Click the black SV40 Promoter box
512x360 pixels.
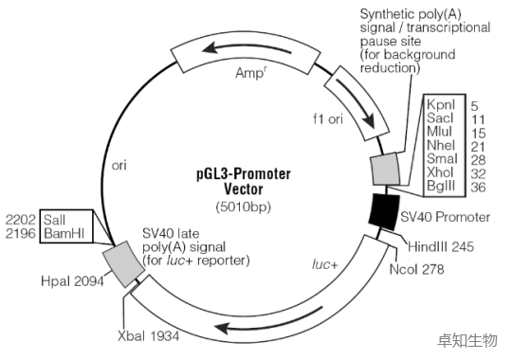click(x=384, y=212)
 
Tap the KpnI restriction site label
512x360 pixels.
click(x=441, y=105)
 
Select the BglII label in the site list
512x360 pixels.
click(x=441, y=186)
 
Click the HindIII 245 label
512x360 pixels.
click(x=441, y=246)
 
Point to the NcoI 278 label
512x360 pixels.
click(x=416, y=269)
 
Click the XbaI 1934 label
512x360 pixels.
click(x=149, y=335)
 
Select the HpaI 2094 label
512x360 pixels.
click(x=72, y=281)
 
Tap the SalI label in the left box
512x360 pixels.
click(x=54, y=220)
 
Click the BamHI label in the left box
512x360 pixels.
click(x=64, y=233)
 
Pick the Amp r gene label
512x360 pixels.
click(x=250, y=73)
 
